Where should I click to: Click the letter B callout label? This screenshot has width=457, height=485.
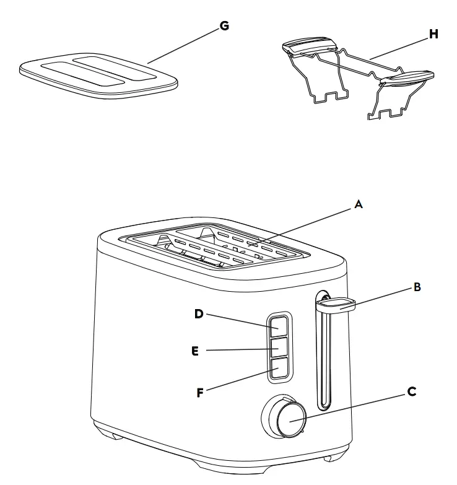tap(417, 287)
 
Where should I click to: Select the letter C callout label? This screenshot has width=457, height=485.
tap(411, 391)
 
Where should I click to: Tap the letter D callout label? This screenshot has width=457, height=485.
tap(199, 313)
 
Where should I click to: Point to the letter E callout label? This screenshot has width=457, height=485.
tap(195, 351)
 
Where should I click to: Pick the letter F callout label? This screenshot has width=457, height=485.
tap(200, 392)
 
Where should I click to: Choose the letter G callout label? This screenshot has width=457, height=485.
tap(224, 25)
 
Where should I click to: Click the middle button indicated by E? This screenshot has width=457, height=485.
tap(278, 346)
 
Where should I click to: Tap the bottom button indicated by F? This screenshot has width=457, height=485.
tap(278, 368)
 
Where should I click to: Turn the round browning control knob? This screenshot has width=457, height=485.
tap(290, 419)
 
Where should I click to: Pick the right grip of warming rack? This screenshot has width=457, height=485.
tap(406, 76)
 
